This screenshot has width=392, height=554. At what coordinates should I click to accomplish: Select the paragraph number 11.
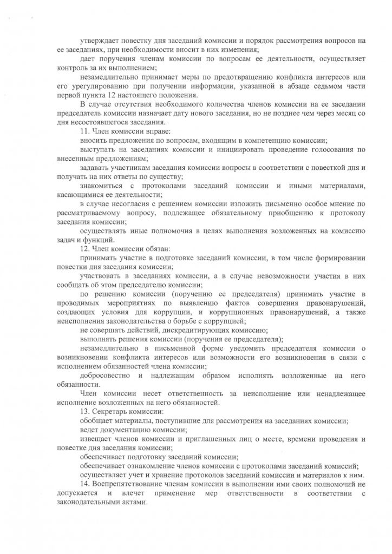(83, 131)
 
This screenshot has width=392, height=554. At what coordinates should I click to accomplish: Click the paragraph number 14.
(83, 484)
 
